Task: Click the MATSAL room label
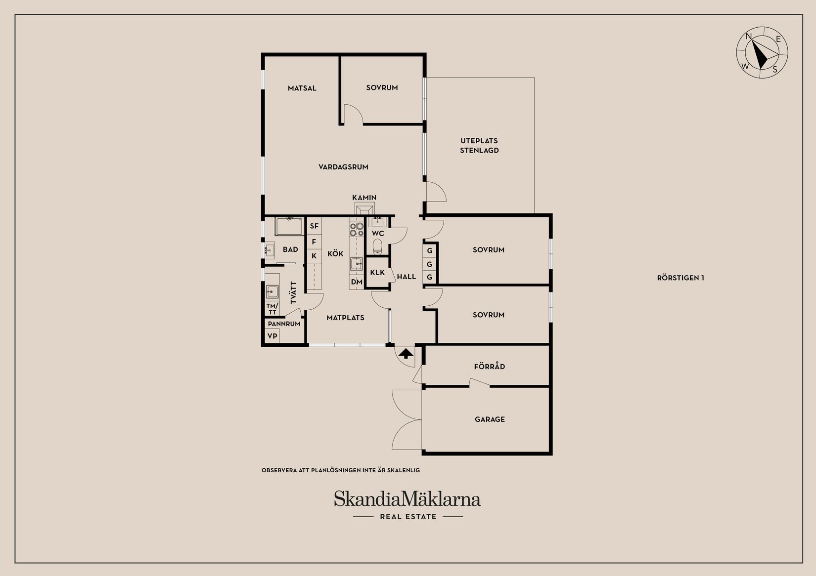[302, 88]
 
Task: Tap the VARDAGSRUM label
[343, 167]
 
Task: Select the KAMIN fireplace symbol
[364, 209]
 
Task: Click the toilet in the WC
[377, 247]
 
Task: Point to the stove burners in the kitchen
[357, 230]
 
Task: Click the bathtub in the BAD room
[289, 226]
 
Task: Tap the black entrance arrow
[406, 353]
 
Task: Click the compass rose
[762, 52]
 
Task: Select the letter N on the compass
[749, 36]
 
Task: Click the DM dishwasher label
[357, 282]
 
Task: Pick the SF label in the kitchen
[314, 226]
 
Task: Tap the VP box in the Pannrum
[272, 336]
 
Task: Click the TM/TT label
[272, 309]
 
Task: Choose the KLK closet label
[377, 272]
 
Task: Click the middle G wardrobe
[429, 264]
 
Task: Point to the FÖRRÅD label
[489, 366]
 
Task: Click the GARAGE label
[490, 419]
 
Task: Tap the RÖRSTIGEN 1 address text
[680, 278]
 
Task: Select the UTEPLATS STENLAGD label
[479, 146]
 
